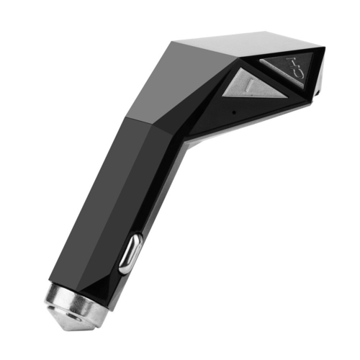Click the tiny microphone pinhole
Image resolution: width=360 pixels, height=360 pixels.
pyautogui.click(x=234, y=112)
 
